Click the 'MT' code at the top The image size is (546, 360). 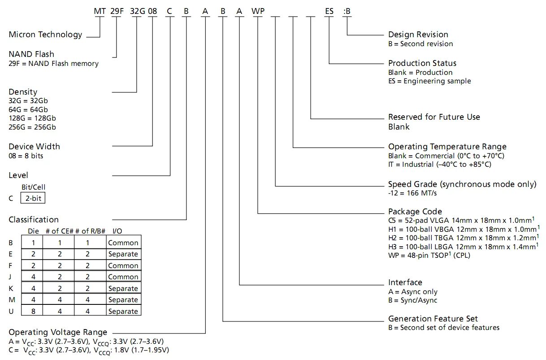point(99,11)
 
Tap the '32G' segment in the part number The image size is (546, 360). point(136,11)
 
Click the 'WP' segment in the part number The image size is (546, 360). point(258,11)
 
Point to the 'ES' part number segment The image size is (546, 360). point(329,11)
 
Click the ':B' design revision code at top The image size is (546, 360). point(347,11)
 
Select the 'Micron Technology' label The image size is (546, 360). point(46,35)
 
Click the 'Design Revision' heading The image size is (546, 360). point(418,35)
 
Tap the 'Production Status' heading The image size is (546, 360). point(422,63)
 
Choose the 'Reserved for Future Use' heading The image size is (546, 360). point(434,117)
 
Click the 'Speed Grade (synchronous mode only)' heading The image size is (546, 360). point(462,184)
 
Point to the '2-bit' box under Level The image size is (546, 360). point(33,198)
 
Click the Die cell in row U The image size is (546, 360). point(33,311)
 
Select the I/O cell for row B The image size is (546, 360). point(123,243)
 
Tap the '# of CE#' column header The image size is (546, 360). point(59,231)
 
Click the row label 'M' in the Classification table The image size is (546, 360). point(11,300)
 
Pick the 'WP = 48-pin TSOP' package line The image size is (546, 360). point(429,256)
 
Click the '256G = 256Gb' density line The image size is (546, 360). point(32,127)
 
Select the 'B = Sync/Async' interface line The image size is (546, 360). point(412,300)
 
